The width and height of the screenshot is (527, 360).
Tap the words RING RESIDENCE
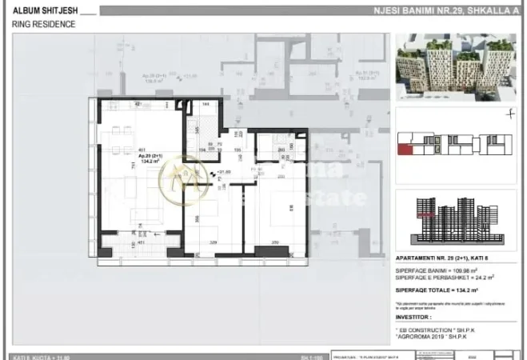coord(44,24)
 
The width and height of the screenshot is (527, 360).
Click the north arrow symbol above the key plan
coord(509,114)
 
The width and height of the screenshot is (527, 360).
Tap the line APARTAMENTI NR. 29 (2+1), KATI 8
coord(445,259)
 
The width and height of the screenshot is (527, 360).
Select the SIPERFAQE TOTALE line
coord(438,289)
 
